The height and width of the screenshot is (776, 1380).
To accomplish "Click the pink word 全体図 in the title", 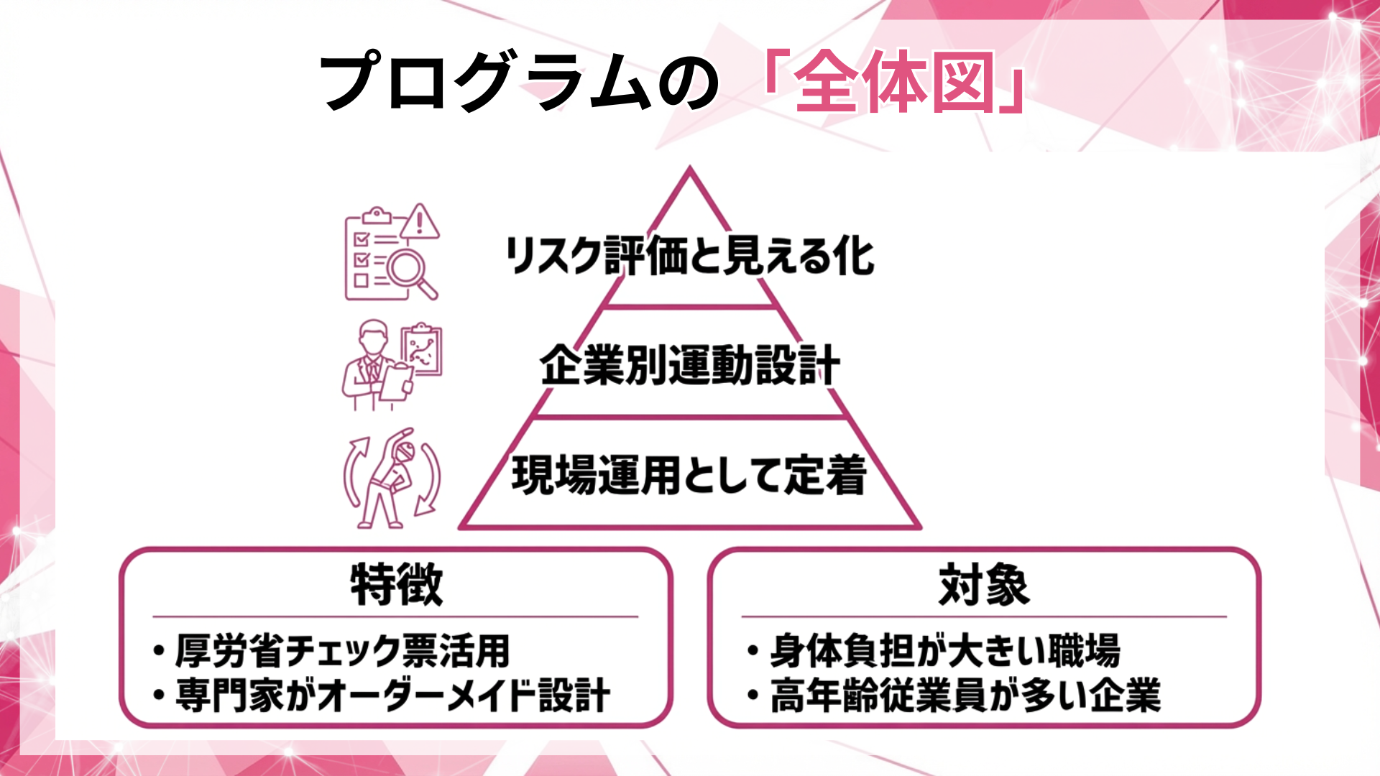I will [895, 83].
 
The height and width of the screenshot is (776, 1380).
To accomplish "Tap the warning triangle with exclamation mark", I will [420, 221].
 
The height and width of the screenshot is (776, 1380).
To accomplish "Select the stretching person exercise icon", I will [392, 478].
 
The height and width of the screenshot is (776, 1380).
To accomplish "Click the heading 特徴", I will [397, 585].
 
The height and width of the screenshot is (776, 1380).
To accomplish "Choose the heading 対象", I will [984, 585].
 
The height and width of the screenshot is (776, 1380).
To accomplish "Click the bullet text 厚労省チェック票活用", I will [342, 651].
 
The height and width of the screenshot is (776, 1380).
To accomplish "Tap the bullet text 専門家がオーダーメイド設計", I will [392, 696].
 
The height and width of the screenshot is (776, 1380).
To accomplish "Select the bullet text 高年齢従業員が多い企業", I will [965, 696].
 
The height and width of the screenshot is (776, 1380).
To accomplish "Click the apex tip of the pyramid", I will [690, 170].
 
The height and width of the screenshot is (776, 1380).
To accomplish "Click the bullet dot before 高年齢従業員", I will [753, 696].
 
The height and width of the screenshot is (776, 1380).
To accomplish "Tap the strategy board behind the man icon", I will [423, 350].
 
